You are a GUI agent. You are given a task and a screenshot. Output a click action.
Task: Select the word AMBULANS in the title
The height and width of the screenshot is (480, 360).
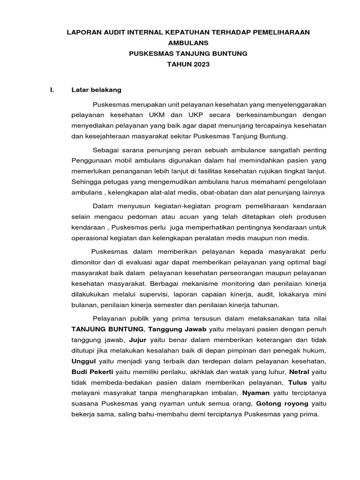click(188, 43)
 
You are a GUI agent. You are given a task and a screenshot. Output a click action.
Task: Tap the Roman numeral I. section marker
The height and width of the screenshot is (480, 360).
click(52, 90)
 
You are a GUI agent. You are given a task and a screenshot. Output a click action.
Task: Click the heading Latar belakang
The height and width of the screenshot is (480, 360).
click(96, 90)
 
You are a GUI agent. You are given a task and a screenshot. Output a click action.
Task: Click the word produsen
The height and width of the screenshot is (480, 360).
click(312, 217)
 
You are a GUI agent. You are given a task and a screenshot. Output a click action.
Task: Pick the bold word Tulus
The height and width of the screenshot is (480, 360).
click(298, 382)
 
